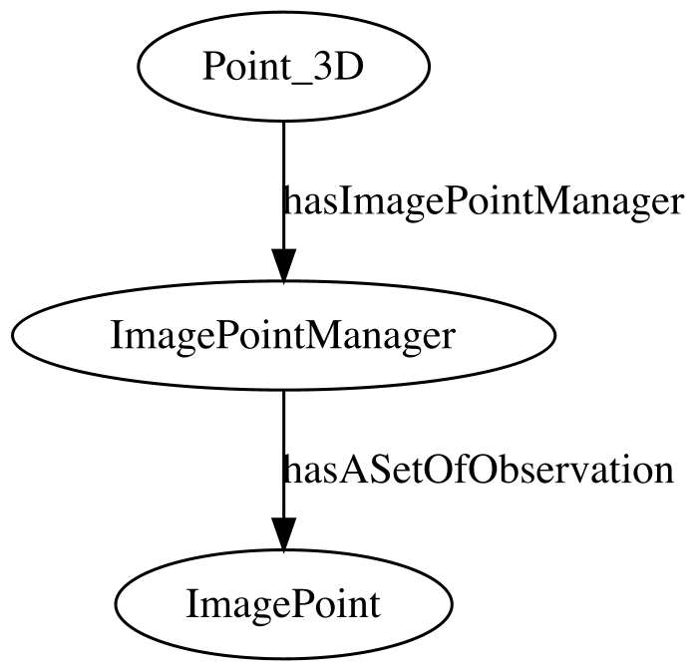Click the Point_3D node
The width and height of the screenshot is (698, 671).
[x=283, y=66]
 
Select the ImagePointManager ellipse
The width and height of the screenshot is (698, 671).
[x=283, y=335]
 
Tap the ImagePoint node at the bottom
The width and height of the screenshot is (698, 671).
[x=283, y=604]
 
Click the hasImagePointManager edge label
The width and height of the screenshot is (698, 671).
[x=482, y=202]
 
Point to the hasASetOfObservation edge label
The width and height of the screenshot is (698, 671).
[x=478, y=471]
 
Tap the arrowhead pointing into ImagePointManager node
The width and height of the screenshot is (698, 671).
[x=283, y=265]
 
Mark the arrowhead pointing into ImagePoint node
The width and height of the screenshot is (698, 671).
[x=283, y=533]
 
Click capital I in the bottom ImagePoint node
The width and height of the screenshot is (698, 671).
[x=192, y=604]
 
